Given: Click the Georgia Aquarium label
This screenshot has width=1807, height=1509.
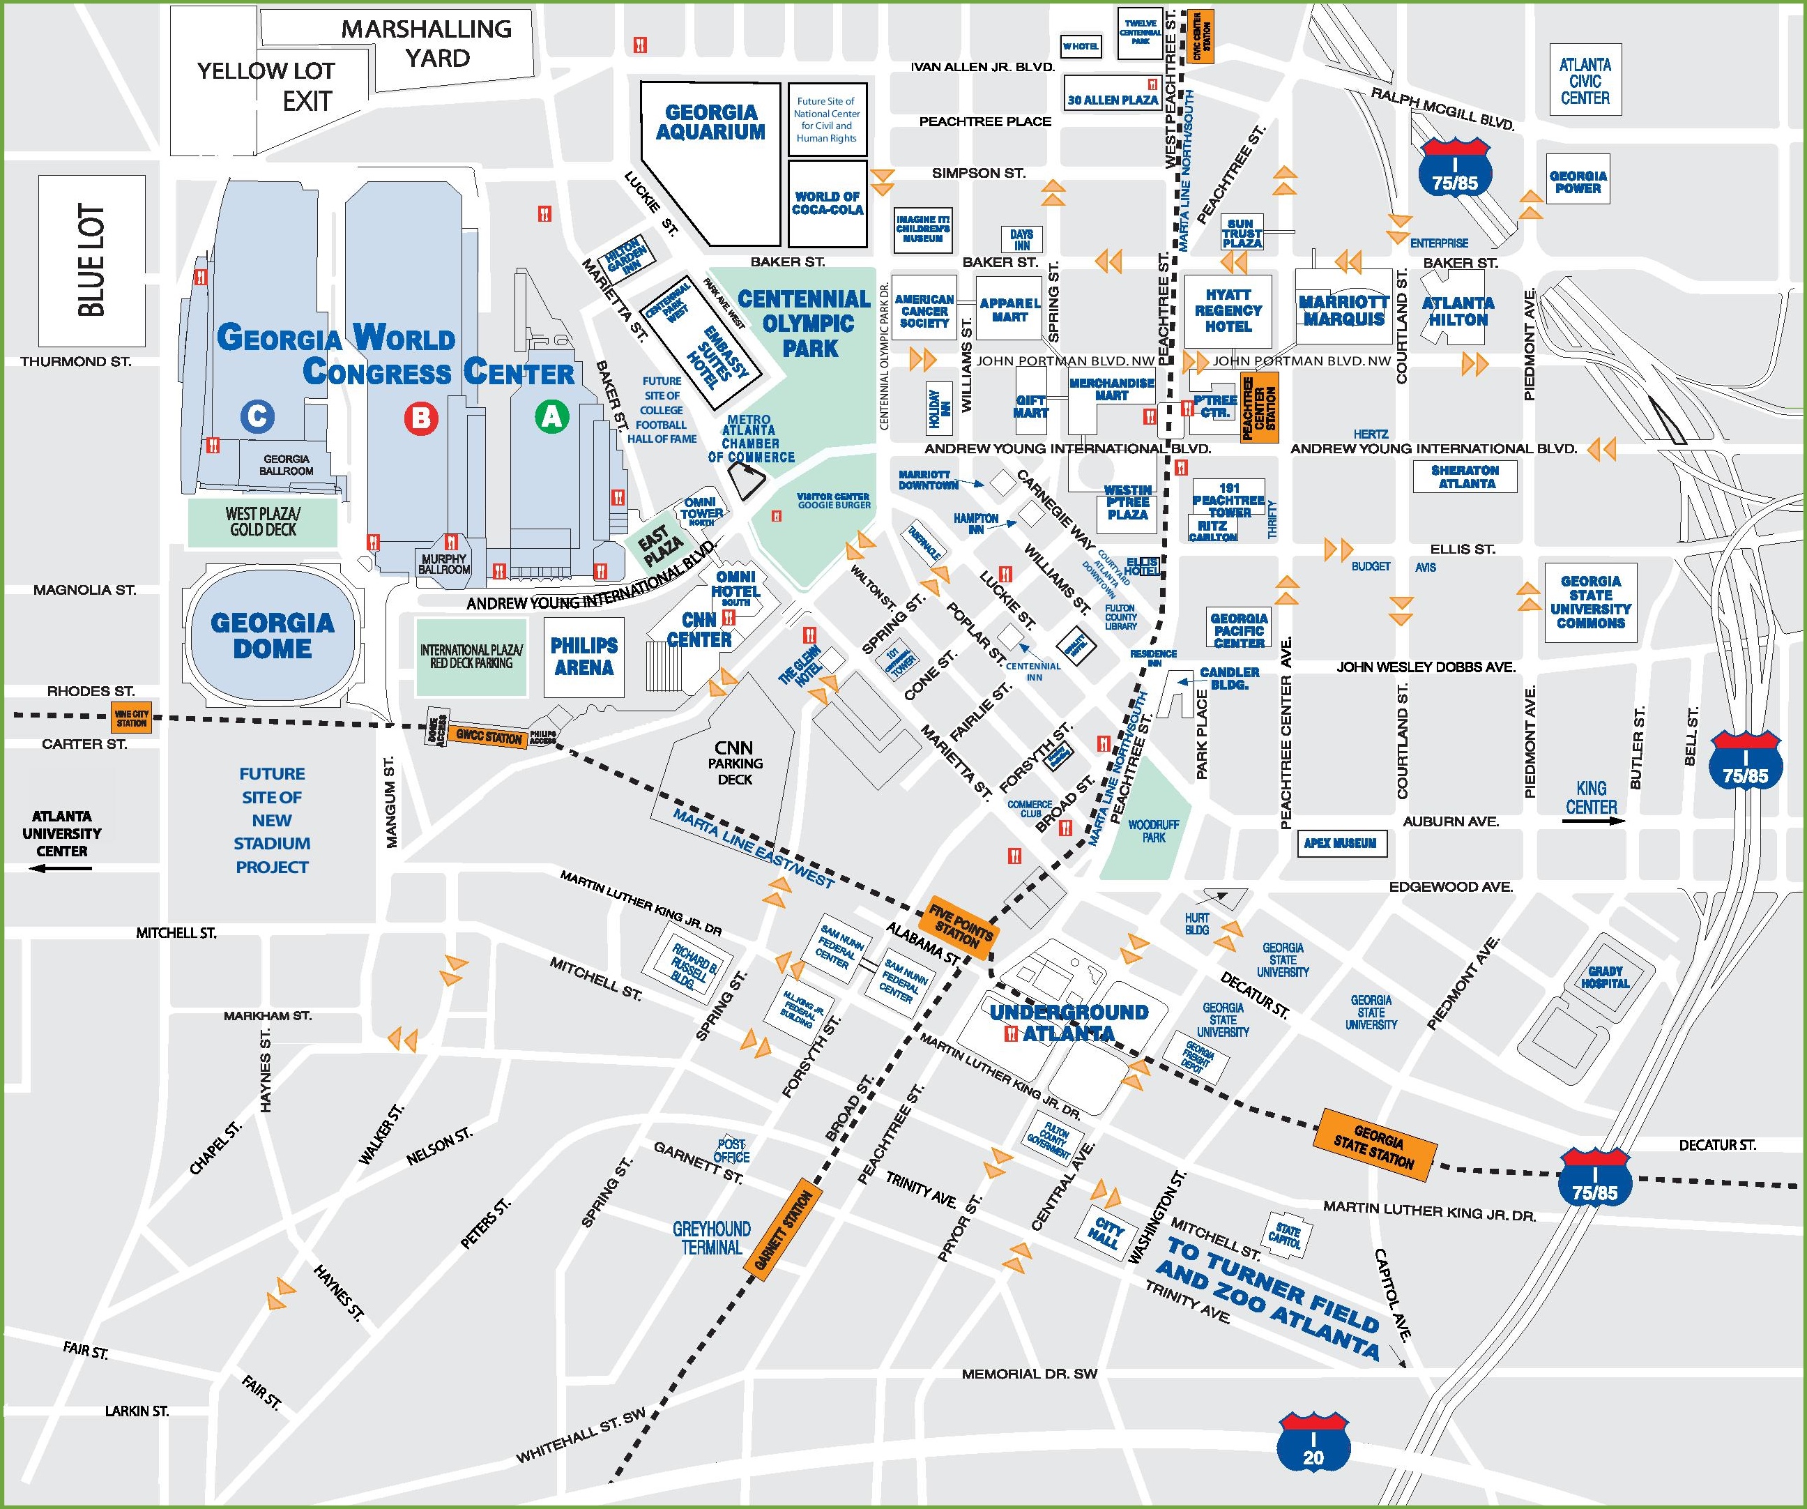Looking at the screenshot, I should coord(711,122).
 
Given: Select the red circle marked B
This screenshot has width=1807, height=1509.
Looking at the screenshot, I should coord(421,418).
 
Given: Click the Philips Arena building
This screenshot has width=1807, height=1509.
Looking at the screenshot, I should coord(584,657).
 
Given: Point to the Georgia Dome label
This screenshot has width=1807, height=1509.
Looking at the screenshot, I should coord(272,635).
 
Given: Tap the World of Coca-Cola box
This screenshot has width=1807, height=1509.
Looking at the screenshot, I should coord(827,203).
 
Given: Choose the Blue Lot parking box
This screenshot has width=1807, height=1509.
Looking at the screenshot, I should coord(91,259).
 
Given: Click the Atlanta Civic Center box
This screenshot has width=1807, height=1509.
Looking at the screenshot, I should coord(1585,81).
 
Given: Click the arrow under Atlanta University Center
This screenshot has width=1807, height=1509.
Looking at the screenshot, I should coord(60,869).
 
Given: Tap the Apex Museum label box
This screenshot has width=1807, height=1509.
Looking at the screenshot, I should coord(1340,844).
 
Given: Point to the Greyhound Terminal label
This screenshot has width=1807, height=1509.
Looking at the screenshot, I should coord(711,1238).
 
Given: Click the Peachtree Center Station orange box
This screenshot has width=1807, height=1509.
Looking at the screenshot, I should coord(1259,407).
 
